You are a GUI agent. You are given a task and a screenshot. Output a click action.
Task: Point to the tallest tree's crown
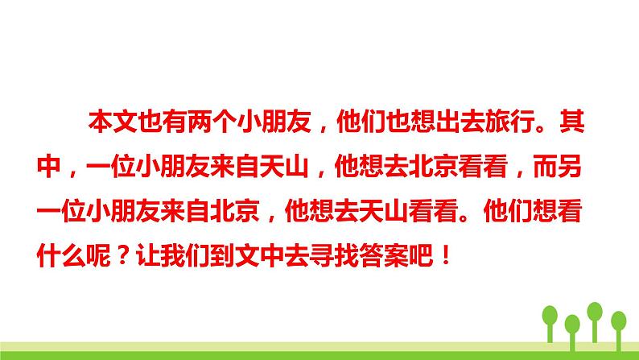click(x=596, y=310)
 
